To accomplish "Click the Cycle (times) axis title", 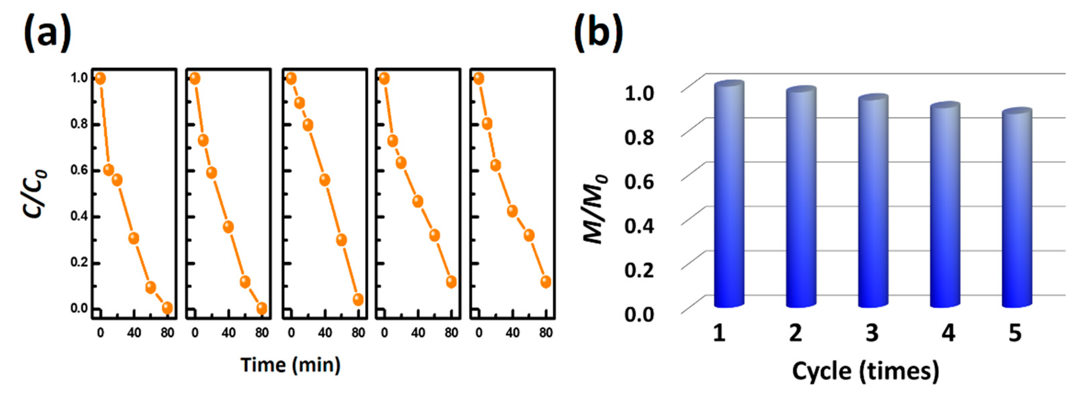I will coord(866,371).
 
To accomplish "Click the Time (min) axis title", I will coord(290,364).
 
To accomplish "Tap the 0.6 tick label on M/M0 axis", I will coord(639,181).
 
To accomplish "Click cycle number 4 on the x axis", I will coord(948,333).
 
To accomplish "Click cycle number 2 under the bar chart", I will coord(795,333).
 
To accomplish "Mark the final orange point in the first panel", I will coord(167,308).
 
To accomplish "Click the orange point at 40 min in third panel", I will coord(324,180).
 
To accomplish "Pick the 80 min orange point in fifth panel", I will coord(545,282).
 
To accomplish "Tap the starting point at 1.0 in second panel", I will coord(195,78).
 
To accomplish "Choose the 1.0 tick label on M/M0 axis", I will coord(639,93).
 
